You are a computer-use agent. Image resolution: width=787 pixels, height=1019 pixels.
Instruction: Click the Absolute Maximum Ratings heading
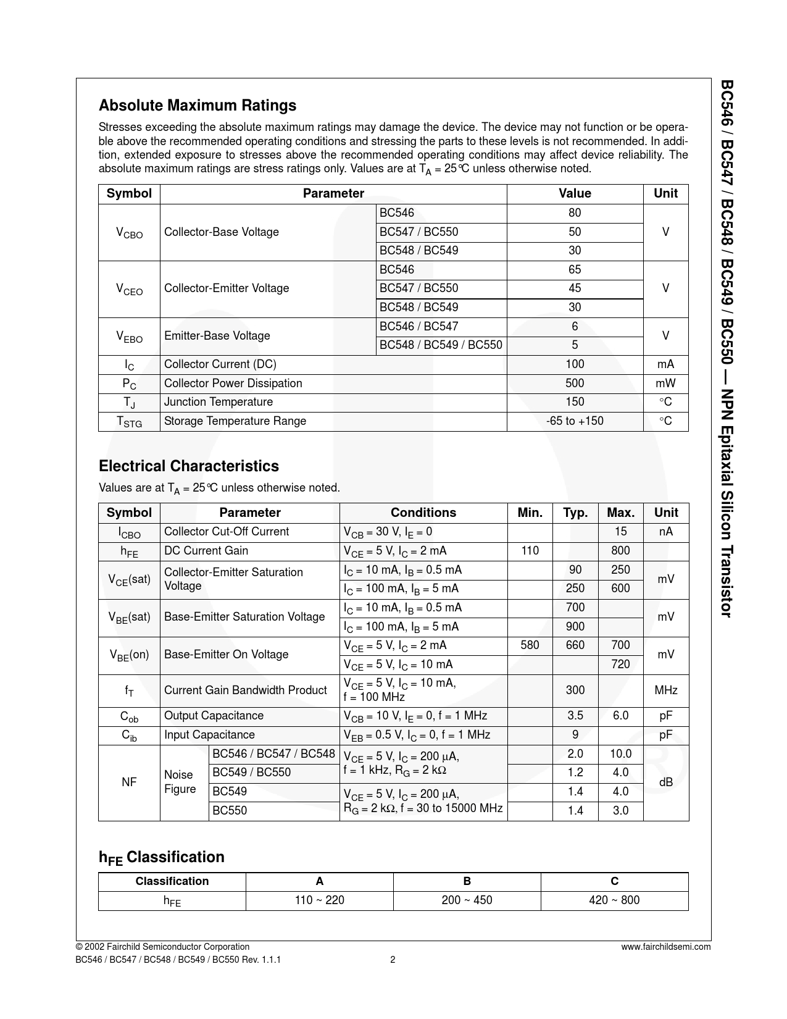(198, 106)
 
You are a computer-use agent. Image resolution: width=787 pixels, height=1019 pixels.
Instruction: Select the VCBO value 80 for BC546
(575, 213)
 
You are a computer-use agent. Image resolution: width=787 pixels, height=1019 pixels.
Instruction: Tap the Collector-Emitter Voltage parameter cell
(227, 288)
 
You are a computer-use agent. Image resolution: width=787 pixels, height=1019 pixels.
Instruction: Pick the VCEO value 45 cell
(575, 288)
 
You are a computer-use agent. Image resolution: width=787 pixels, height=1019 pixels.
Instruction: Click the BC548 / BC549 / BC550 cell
(441, 345)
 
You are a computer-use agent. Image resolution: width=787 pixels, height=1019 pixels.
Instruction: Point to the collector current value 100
(575, 364)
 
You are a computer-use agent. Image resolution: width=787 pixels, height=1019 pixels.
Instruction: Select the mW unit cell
(665, 384)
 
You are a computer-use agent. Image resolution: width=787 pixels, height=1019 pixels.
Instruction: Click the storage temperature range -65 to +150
(575, 421)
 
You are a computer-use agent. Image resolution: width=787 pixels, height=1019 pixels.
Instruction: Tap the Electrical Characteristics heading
(189, 466)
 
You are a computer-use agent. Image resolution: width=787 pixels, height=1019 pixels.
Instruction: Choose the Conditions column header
(423, 513)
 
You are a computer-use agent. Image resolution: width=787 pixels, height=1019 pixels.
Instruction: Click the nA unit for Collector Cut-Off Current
(665, 532)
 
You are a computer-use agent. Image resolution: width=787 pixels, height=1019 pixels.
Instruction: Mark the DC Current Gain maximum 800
(620, 551)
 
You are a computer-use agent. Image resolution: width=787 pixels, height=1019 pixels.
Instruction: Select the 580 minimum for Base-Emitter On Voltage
(530, 645)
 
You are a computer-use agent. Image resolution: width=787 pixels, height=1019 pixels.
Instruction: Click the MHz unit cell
(665, 690)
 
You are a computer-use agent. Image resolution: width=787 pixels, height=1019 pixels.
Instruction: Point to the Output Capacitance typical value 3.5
(575, 716)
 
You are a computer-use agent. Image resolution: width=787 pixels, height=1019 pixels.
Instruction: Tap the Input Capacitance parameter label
(209, 735)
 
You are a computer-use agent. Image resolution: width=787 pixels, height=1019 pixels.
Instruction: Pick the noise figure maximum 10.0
(620, 754)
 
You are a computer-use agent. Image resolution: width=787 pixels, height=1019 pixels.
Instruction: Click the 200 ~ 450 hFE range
(467, 900)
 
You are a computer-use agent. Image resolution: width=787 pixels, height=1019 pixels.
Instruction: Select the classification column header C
(614, 881)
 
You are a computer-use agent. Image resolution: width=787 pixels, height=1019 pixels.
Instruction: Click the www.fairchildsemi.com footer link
(666, 947)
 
